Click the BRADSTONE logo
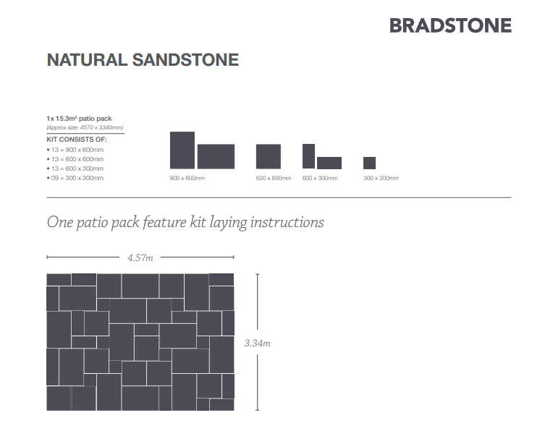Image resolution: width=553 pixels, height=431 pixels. coord(450,26)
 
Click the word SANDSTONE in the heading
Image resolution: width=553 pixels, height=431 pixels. coord(185,60)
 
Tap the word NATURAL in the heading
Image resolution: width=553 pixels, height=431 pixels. coord(87,60)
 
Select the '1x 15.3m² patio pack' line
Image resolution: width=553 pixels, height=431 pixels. coord(79,119)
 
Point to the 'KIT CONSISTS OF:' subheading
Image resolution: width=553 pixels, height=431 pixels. coord(77,140)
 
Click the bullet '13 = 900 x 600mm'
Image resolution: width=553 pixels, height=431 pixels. coord(75,150)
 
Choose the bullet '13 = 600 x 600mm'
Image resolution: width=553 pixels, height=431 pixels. coord(75,159)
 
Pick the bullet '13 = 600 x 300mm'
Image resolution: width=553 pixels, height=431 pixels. coord(75,168)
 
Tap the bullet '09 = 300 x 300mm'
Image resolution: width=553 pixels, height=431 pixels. coord(75,178)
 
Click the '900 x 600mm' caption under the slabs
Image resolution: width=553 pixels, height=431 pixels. coord(187,179)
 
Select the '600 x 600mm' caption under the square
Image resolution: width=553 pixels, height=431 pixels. coord(274,179)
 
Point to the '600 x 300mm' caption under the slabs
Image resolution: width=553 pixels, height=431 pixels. coord(320,179)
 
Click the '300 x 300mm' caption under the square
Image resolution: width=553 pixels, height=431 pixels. coord(381,179)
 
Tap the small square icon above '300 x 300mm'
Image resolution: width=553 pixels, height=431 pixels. coord(369,163)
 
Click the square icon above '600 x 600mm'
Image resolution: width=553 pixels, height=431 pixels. coord(269,156)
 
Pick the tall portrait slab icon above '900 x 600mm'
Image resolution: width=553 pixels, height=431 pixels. coord(182,150)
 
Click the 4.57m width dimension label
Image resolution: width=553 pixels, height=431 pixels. coord(140,258)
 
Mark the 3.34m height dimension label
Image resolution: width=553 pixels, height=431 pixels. coord(257,343)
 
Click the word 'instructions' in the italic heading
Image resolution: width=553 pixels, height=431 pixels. coord(287,223)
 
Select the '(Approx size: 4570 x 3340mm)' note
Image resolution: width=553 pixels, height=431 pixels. coord(85,127)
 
